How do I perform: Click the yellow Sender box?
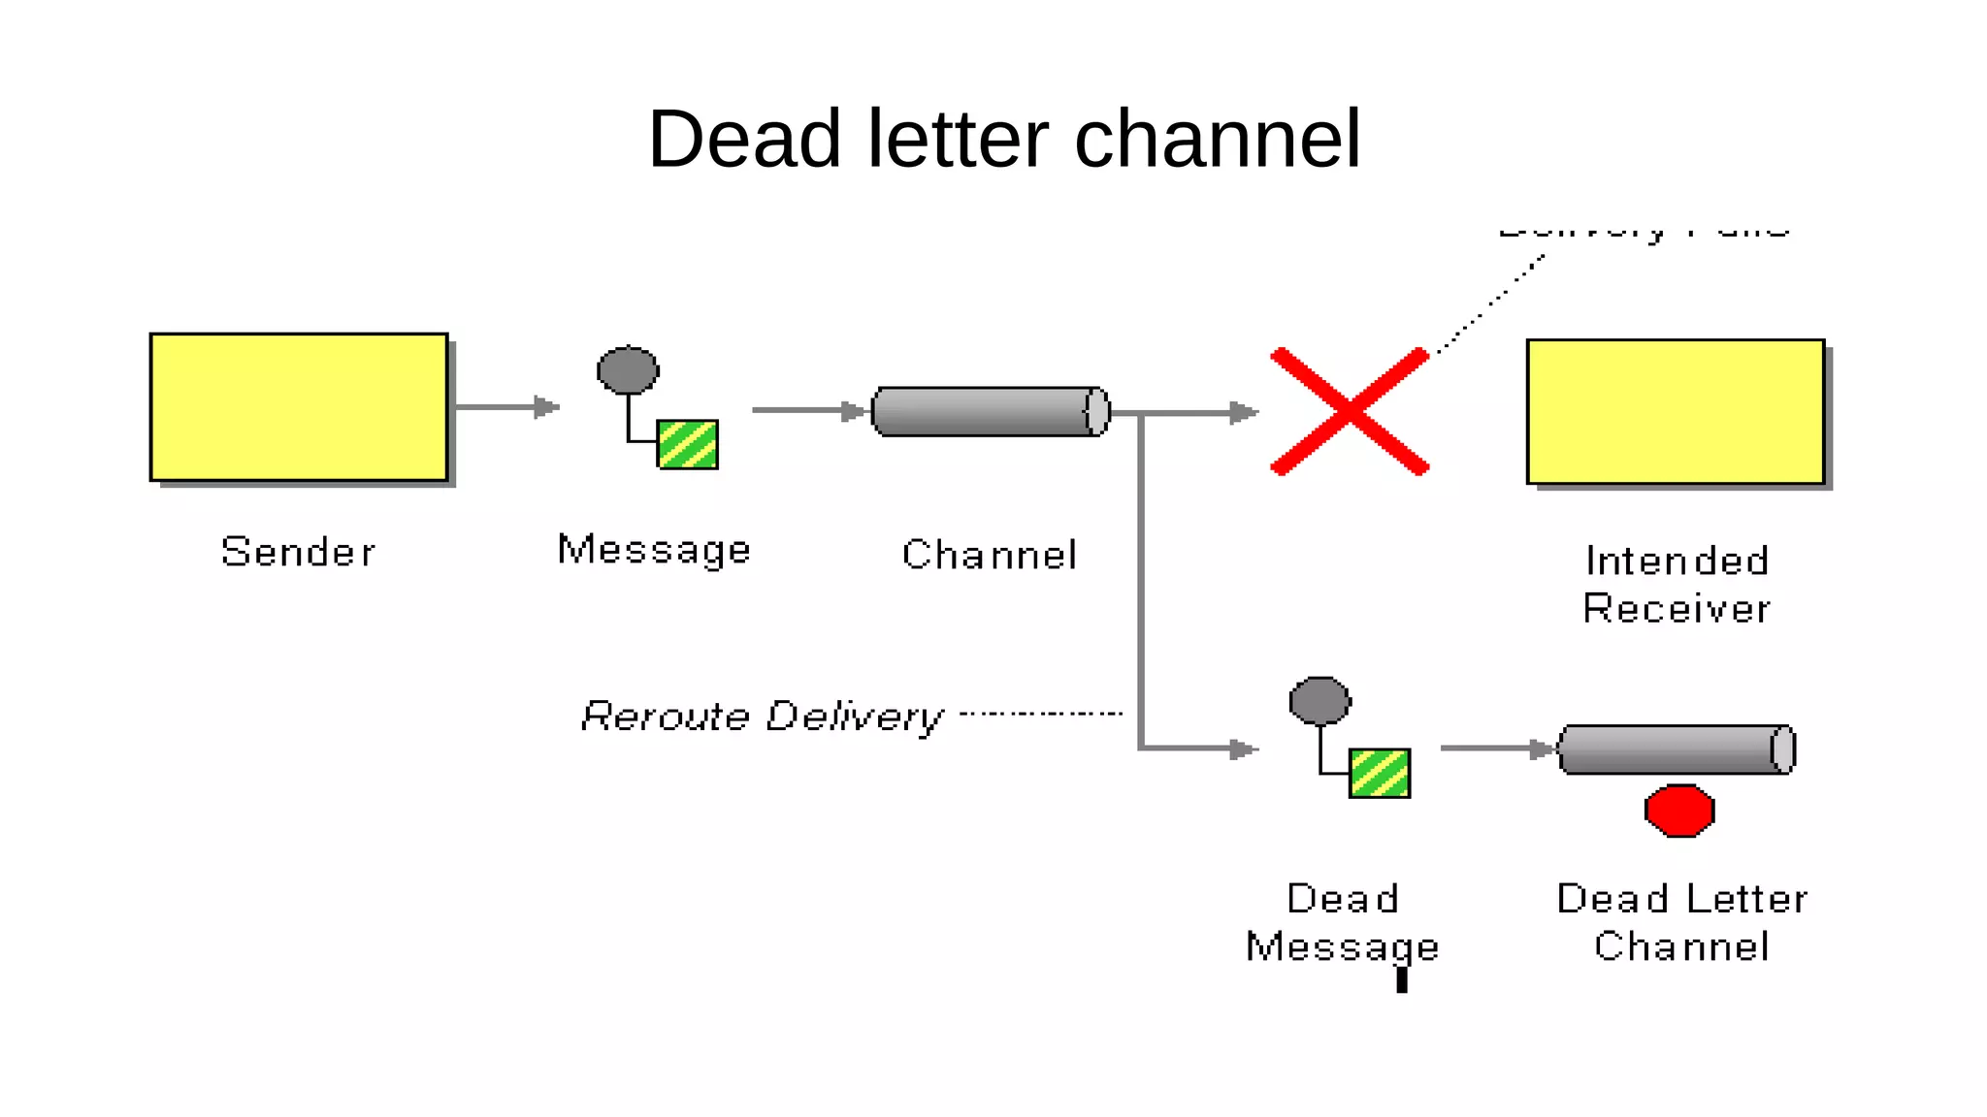pyautogui.click(x=299, y=407)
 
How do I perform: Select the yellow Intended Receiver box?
pyautogui.click(x=1676, y=411)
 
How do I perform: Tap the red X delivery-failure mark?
pyautogui.click(x=1350, y=412)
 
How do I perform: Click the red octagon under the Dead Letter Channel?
pyautogui.click(x=1679, y=811)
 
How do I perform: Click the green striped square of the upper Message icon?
pyautogui.click(x=688, y=445)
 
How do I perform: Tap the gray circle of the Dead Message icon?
pyautogui.click(x=1319, y=701)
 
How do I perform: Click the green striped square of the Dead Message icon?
pyautogui.click(x=1380, y=774)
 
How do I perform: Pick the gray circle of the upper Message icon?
pyautogui.click(x=628, y=370)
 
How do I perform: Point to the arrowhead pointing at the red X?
pyautogui.click(x=1244, y=413)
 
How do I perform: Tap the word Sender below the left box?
pyautogui.click(x=298, y=553)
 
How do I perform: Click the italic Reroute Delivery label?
pyautogui.click(x=762, y=717)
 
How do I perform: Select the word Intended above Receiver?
pyautogui.click(x=1677, y=561)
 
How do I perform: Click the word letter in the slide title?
pyautogui.click(x=958, y=140)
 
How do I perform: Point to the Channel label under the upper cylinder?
pyautogui.click(x=990, y=556)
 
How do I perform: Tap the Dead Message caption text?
pyautogui.click(x=1343, y=922)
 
